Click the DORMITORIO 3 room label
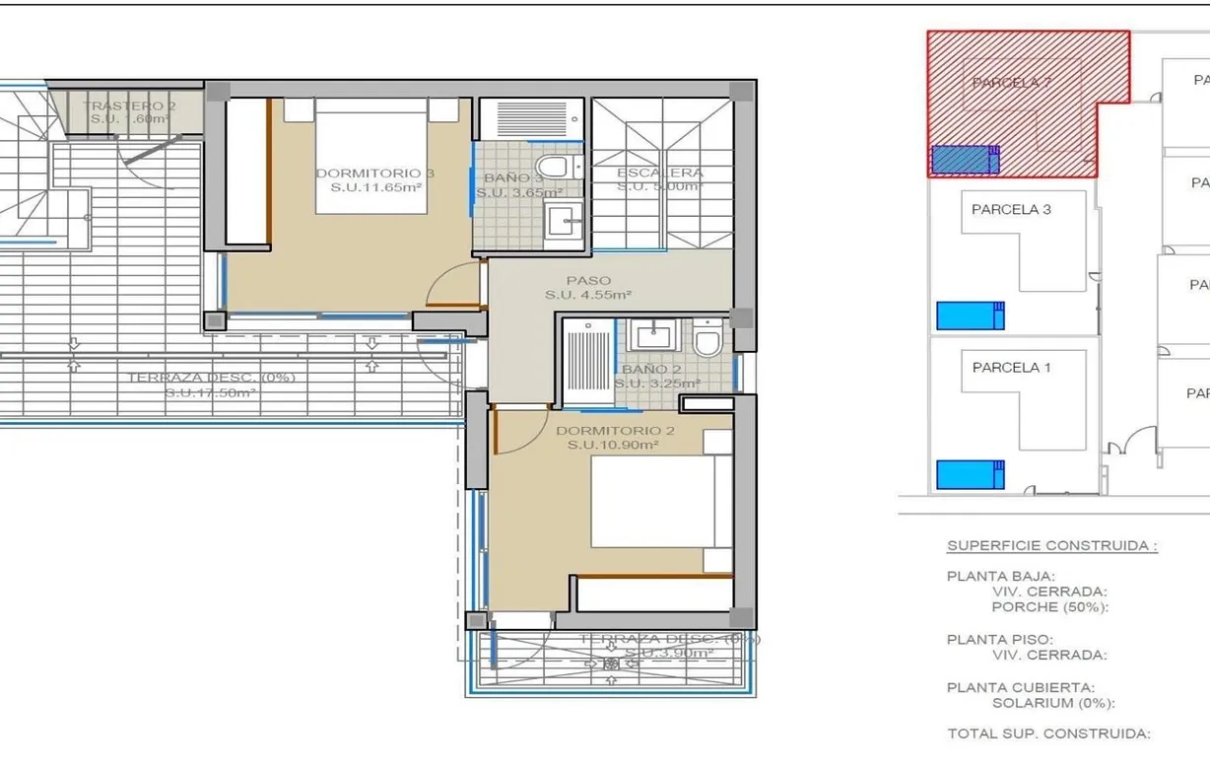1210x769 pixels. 374,174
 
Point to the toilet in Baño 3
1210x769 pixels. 554,166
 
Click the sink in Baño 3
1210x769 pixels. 565,221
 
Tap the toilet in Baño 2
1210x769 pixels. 706,339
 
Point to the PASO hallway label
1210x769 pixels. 588,280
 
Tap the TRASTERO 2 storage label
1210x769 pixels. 129,105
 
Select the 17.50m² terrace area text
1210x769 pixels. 211,392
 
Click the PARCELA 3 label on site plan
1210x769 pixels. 1011,209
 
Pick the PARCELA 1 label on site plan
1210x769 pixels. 1011,368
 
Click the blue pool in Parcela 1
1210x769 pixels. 969,475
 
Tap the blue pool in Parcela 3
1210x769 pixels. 969,315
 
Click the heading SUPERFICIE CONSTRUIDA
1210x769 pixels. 1051,545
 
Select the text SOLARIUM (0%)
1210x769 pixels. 1052,703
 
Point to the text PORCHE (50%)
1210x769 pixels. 1049,607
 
